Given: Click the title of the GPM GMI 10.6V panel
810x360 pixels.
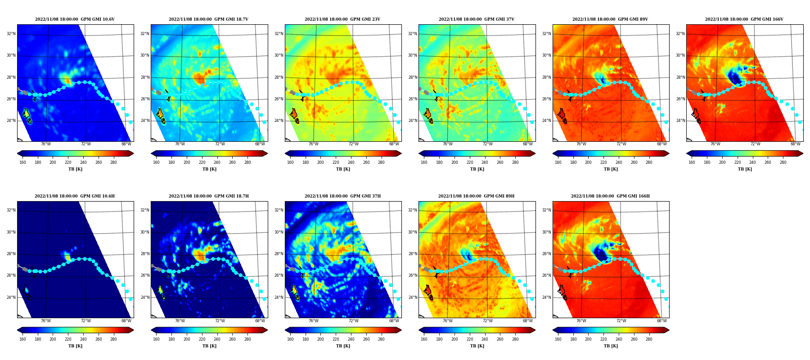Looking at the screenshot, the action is tap(75, 19).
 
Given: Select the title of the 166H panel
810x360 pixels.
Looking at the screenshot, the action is tap(610, 196).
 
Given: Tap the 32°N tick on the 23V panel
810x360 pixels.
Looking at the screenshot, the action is tap(279, 34).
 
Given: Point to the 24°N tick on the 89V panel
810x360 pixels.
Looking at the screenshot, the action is tap(547, 121).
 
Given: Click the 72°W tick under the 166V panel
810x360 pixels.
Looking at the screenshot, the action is tap(755, 144).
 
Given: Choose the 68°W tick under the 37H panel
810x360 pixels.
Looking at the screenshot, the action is tap(394, 321).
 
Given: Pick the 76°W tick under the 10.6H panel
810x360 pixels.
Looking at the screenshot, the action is tap(46, 321).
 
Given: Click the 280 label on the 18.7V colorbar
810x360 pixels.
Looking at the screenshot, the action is tap(247, 162).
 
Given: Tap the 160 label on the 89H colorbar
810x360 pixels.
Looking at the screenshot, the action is tap(424, 339).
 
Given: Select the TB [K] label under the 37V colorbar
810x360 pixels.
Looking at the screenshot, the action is tap(477, 169).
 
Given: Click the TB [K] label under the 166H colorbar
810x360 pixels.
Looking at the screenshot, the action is tap(611, 346).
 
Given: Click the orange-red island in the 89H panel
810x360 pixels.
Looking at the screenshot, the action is tap(428, 290).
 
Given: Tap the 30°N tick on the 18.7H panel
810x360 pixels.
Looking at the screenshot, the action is tap(145, 232).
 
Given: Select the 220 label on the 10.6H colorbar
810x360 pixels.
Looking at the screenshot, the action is tap(68, 339).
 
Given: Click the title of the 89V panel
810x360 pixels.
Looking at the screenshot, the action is tap(610, 19).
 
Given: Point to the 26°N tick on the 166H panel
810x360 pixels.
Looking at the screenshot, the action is tap(547, 275).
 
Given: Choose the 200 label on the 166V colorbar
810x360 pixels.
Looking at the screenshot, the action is tap(722, 162).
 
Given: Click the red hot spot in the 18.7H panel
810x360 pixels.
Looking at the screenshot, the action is tap(199, 256).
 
